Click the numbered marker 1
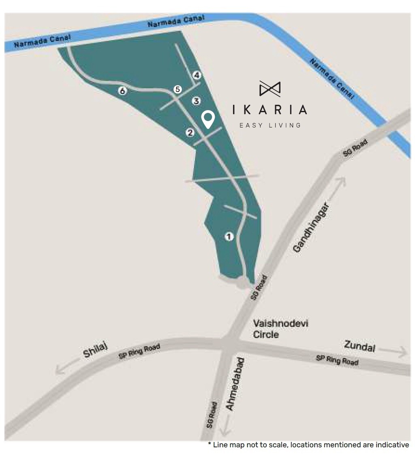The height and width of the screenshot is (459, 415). point(229,236)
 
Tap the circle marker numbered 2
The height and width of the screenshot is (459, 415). point(190,132)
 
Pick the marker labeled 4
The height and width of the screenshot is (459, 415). point(197,75)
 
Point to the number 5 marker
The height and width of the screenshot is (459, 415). point(177,89)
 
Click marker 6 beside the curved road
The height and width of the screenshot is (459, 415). point(122,91)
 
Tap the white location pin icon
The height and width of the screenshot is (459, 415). point(208,119)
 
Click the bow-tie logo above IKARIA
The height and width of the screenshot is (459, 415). point(270,89)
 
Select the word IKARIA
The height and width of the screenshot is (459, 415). point(270,110)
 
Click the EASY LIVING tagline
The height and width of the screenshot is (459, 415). point(270,125)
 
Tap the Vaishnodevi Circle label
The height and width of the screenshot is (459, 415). point(272,329)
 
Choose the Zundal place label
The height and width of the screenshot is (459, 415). point(359,346)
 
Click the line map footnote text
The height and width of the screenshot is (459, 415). point(309,445)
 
